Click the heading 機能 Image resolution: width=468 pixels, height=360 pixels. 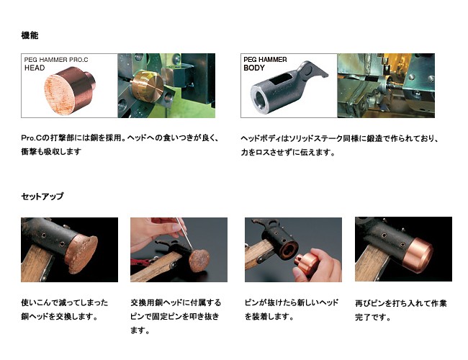[x=30, y=35]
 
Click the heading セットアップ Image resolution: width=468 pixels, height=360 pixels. [x=42, y=196]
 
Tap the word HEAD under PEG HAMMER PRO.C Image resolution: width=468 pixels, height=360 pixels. [x=35, y=68]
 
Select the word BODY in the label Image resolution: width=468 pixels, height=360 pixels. [x=254, y=68]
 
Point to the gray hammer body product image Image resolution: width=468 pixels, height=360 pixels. [x=288, y=86]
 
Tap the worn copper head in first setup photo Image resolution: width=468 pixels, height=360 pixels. [x=81, y=250]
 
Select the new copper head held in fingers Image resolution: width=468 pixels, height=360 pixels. [x=306, y=263]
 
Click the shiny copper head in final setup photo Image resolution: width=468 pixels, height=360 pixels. [x=418, y=254]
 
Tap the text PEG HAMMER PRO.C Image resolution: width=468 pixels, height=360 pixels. [x=56, y=60]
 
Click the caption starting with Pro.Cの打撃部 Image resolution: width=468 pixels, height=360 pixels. [x=120, y=145]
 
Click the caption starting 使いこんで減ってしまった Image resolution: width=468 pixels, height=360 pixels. [x=65, y=310]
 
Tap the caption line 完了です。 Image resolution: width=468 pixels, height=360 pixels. [x=373, y=317]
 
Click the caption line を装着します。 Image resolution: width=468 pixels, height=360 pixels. [x=269, y=316]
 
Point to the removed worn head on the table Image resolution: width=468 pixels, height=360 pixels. [x=199, y=261]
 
